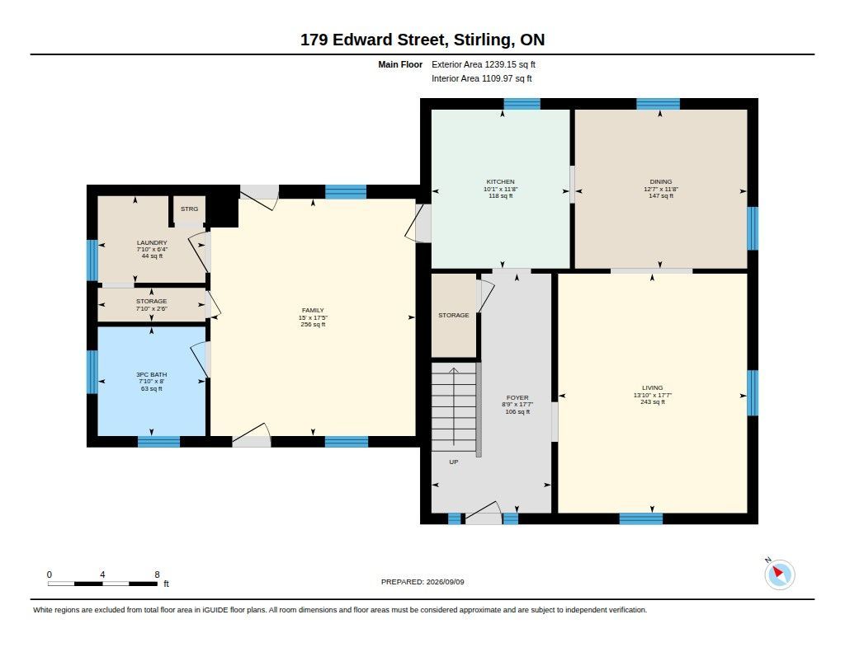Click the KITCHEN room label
(x=501, y=182)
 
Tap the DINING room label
(x=661, y=182)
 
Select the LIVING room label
(x=652, y=387)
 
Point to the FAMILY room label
(x=313, y=310)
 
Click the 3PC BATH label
(x=152, y=374)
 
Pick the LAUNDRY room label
(x=152, y=243)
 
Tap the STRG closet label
(x=189, y=209)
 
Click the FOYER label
(x=517, y=398)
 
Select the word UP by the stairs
(x=454, y=462)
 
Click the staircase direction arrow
(x=455, y=406)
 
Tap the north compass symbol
(x=779, y=575)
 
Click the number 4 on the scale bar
(x=102, y=575)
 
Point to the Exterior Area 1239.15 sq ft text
(x=484, y=64)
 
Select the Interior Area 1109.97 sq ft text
(x=482, y=78)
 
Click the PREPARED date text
(x=422, y=582)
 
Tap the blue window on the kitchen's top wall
(x=522, y=104)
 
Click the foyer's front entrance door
(x=484, y=513)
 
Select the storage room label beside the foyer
(x=454, y=316)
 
